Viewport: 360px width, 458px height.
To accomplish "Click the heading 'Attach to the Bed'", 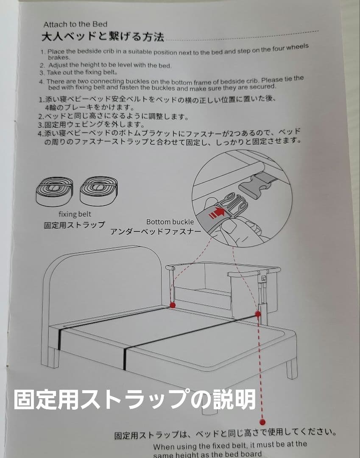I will (75, 24).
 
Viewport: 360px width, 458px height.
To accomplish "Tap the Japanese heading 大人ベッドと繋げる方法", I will (103, 37).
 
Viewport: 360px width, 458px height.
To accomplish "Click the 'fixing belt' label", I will (75, 214).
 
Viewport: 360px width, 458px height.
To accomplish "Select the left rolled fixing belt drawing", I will (54, 191).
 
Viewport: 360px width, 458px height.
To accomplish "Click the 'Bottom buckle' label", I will (170, 222).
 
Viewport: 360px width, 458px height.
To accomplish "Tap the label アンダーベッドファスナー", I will (156, 232).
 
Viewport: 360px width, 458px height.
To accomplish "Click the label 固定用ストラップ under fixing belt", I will (74, 225).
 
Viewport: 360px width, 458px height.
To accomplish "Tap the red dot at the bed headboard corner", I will (173, 305).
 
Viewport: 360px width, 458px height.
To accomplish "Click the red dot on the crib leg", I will (257, 313).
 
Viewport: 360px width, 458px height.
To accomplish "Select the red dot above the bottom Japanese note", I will (262, 422).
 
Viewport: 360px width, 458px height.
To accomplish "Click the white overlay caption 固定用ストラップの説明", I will (135, 399).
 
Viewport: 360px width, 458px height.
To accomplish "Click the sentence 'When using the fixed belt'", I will (229, 445).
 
